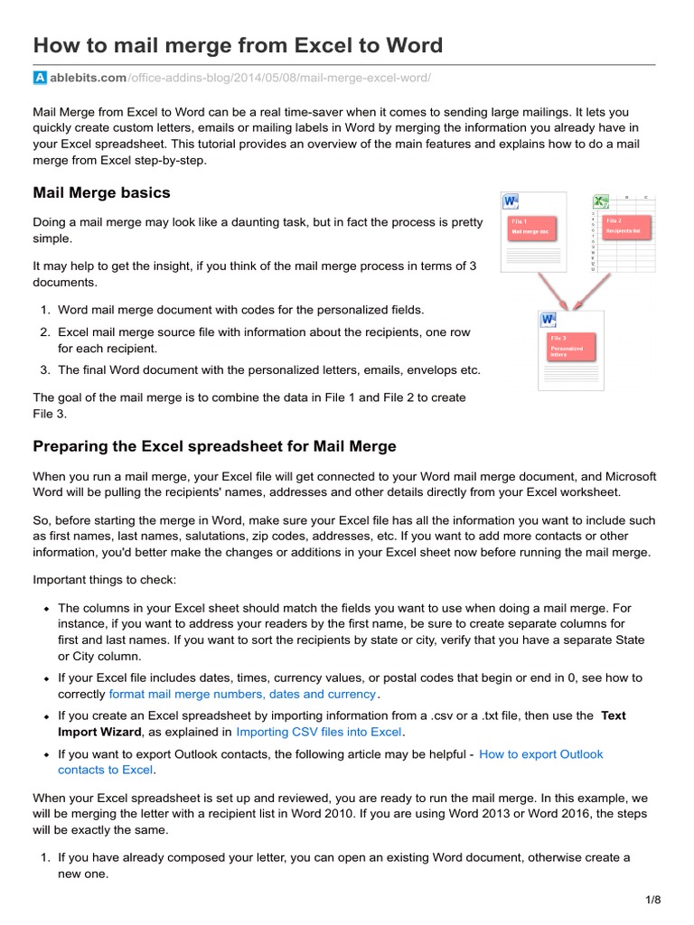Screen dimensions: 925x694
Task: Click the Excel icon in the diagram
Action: point(599,201)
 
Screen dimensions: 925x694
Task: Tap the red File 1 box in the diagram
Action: point(530,227)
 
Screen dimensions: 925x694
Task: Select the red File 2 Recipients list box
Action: point(624,226)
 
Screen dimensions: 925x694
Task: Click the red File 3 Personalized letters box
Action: point(573,346)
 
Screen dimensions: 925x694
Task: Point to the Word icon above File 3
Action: point(548,319)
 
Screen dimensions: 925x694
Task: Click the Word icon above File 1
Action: point(510,201)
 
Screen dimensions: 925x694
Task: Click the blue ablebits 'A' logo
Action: point(40,78)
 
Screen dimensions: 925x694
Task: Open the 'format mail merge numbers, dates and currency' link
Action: point(242,694)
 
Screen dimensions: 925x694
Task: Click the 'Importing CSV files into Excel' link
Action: point(319,732)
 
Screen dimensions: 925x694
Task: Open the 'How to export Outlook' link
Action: point(540,753)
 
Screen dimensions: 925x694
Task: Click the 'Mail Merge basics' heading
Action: point(101,192)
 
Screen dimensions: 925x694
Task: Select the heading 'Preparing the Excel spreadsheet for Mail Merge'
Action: point(214,446)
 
